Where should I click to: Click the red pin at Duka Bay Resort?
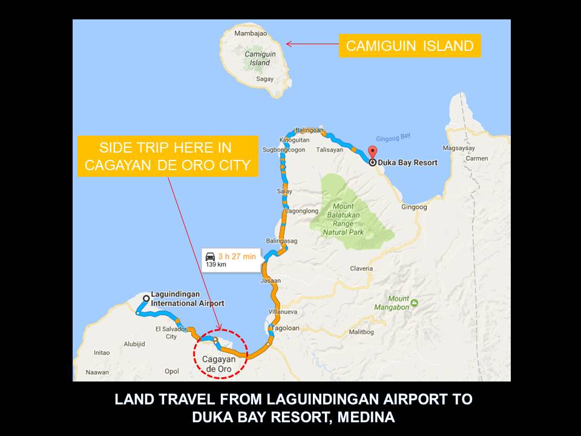click(373, 152)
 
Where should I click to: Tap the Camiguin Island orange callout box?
click(410, 46)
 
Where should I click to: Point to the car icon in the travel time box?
click(210, 256)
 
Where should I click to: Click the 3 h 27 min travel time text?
click(237, 256)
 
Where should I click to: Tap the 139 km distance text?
click(215, 265)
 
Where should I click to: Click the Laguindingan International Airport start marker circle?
click(146, 298)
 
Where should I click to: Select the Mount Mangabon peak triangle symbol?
click(414, 302)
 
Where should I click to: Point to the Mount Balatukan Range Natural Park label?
click(343, 219)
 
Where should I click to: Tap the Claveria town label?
click(361, 268)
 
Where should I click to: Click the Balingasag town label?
click(282, 240)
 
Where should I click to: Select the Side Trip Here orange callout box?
click(168, 156)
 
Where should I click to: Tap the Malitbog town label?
click(361, 332)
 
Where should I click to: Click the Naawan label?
click(97, 372)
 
